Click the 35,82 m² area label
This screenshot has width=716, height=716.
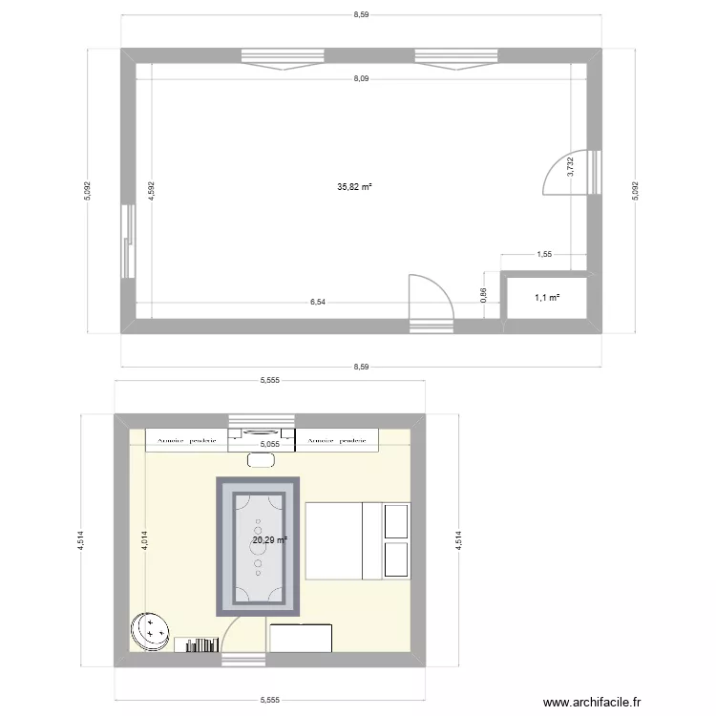click(354, 187)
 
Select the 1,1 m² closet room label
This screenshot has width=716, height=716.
click(547, 298)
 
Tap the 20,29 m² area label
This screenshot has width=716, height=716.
click(269, 540)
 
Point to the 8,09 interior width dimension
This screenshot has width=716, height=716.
click(360, 79)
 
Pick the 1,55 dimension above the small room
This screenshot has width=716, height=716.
click(545, 255)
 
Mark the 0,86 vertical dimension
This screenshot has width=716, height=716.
click(484, 297)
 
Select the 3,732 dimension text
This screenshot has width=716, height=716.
click(571, 168)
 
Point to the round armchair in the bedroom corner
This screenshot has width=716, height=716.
click(150, 631)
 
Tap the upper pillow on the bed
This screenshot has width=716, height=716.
click(395, 521)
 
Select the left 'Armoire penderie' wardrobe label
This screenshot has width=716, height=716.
click(187, 441)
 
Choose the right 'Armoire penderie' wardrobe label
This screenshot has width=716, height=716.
click(338, 441)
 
